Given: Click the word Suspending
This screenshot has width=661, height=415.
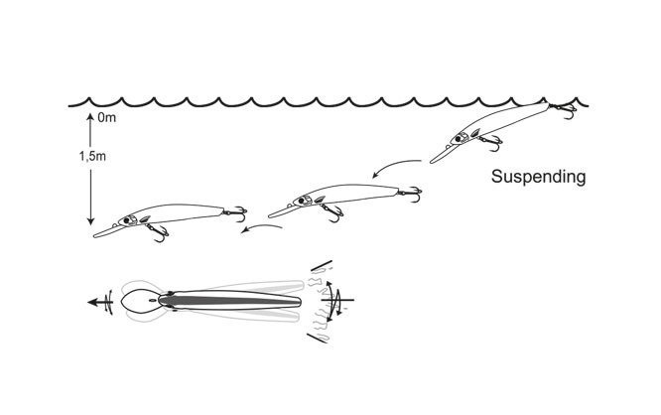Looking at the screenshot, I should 540,178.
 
